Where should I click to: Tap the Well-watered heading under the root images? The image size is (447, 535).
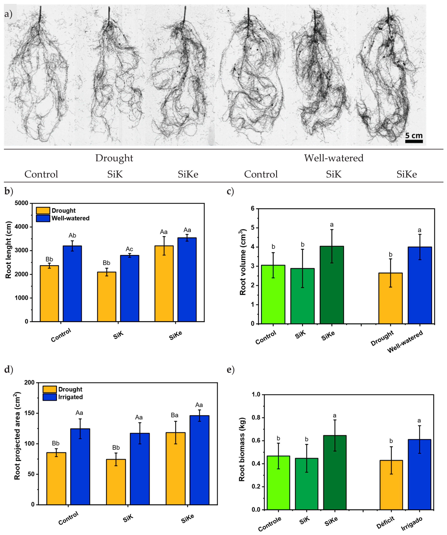[334, 158]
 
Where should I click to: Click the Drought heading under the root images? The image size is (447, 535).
[114, 158]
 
